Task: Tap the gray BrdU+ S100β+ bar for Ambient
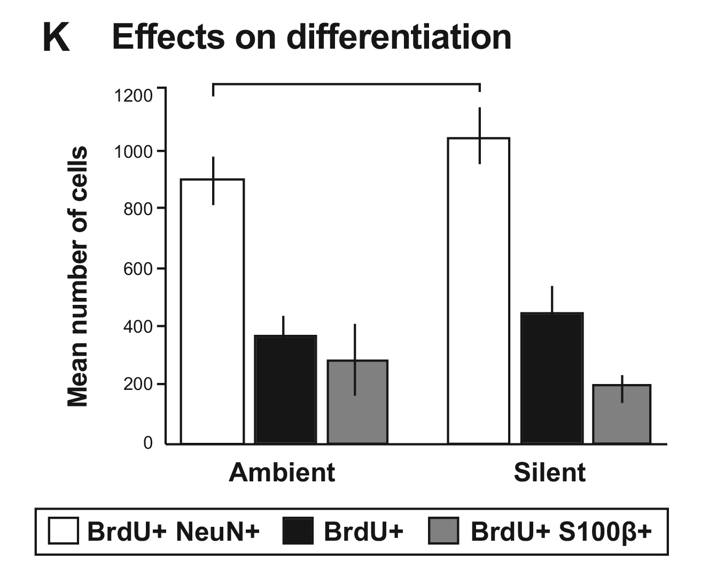(x=357, y=402)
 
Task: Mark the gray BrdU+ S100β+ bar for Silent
(x=622, y=414)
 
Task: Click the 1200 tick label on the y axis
(x=133, y=96)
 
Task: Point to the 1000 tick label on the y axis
(x=133, y=152)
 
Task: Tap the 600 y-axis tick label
(x=138, y=268)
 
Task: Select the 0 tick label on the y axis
(x=147, y=443)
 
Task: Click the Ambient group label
(x=282, y=473)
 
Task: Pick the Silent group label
(x=549, y=473)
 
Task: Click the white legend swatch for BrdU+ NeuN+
(x=63, y=531)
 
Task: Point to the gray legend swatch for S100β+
(x=443, y=531)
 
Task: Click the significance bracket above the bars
(x=346, y=84)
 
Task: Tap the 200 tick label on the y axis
(x=138, y=385)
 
